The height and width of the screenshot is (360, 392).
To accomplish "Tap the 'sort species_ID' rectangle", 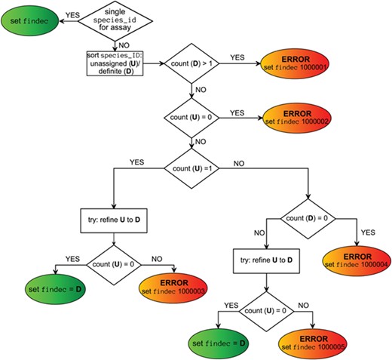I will click(x=112, y=65).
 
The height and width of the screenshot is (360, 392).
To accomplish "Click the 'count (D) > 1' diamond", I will click(x=195, y=65).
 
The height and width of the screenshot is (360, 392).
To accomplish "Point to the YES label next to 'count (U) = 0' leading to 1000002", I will click(x=237, y=112).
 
